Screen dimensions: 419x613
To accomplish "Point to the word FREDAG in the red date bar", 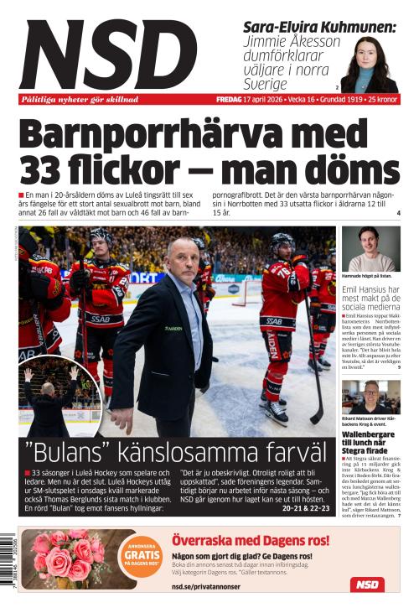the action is click(229, 100).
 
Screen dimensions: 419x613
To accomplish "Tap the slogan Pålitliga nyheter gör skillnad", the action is click(80, 100).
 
